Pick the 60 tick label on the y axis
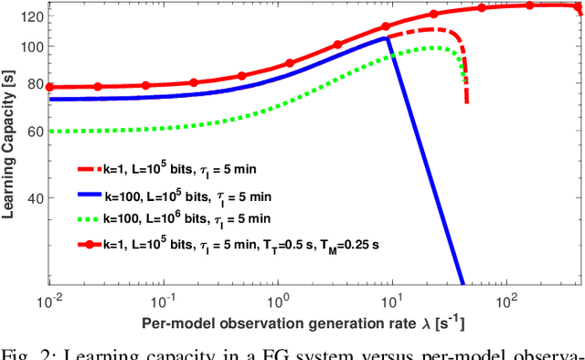(34, 132)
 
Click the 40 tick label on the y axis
(34, 198)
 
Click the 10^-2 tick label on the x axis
(51, 301)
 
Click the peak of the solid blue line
(388, 37)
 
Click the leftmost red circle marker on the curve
(49, 88)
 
